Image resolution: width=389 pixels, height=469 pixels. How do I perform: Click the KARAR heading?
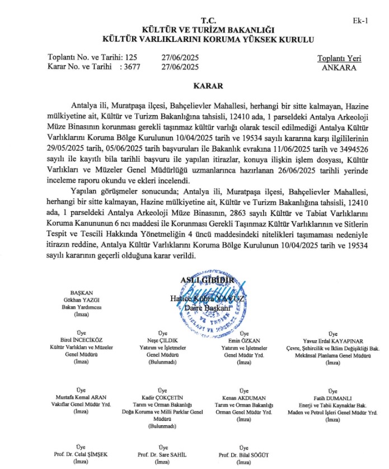[x=208, y=86]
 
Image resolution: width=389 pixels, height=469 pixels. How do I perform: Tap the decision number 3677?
[x=133, y=67]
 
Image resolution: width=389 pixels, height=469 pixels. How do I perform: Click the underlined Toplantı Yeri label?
[x=339, y=58]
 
